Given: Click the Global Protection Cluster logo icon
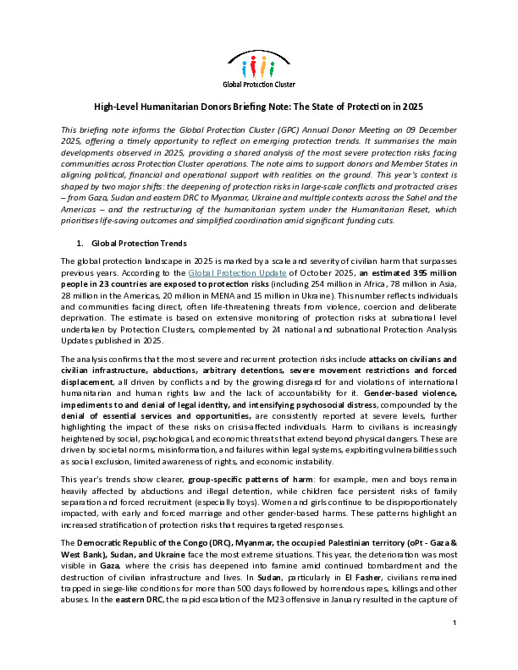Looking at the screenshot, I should click(x=259, y=63).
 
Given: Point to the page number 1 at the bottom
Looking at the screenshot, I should click(x=455, y=647).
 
